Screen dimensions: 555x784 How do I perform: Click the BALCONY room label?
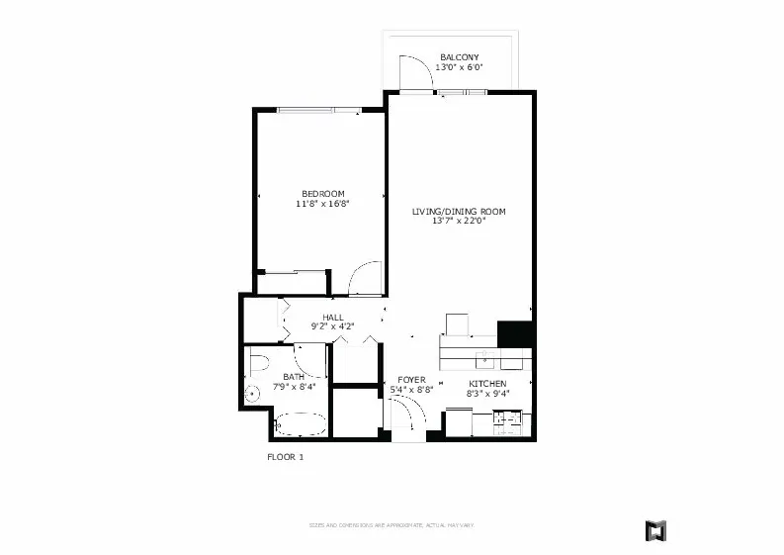461,57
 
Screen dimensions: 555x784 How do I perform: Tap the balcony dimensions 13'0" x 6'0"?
461,68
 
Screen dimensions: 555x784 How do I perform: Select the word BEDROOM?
322,193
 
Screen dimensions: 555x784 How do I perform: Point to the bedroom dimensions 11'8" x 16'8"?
322,204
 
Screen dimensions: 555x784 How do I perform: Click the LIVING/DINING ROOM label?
459,212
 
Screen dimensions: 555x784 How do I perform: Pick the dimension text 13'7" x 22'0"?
459,222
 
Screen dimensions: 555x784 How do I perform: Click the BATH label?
294,376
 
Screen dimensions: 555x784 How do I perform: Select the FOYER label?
411,380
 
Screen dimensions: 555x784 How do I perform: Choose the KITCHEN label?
486,383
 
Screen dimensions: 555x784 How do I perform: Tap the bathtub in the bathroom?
301,426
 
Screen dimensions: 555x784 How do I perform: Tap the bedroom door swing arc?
366,278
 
